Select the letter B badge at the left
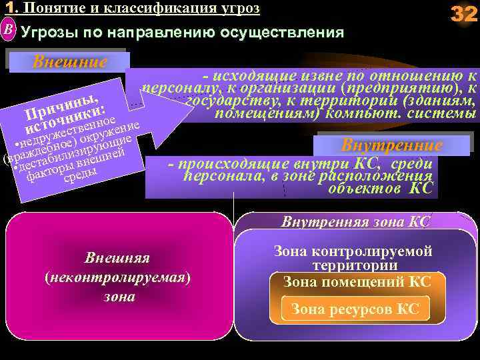tap(8, 31)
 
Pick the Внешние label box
tap(70, 62)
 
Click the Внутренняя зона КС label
tap(356, 221)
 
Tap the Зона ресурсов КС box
tap(355, 309)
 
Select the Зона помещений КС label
tap(357, 281)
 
